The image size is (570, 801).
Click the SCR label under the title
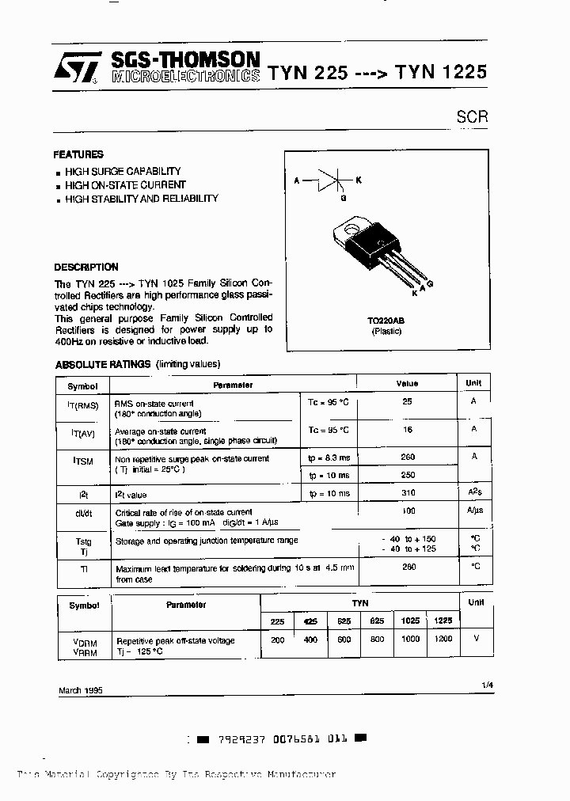[x=472, y=116]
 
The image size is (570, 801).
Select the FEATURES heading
[x=78, y=154]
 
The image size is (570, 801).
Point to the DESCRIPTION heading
[x=86, y=267]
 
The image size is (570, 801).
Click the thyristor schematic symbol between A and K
[x=329, y=180]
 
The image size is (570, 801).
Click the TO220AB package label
[x=386, y=321]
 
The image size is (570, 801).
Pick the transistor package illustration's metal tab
[x=347, y=230]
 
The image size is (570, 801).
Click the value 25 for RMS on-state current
[x=407, y=402]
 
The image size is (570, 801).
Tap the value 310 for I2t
[x=407, y=492]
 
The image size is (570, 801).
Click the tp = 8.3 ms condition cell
[x=328, y=457]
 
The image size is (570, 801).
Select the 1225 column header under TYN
[x=443, y=621]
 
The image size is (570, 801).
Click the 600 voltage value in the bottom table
[x=344, y=640]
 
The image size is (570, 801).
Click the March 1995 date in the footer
[x=81, y=690]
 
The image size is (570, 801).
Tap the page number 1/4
[x=484, y=683]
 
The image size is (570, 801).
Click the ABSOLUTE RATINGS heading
[x=102, y=364]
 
